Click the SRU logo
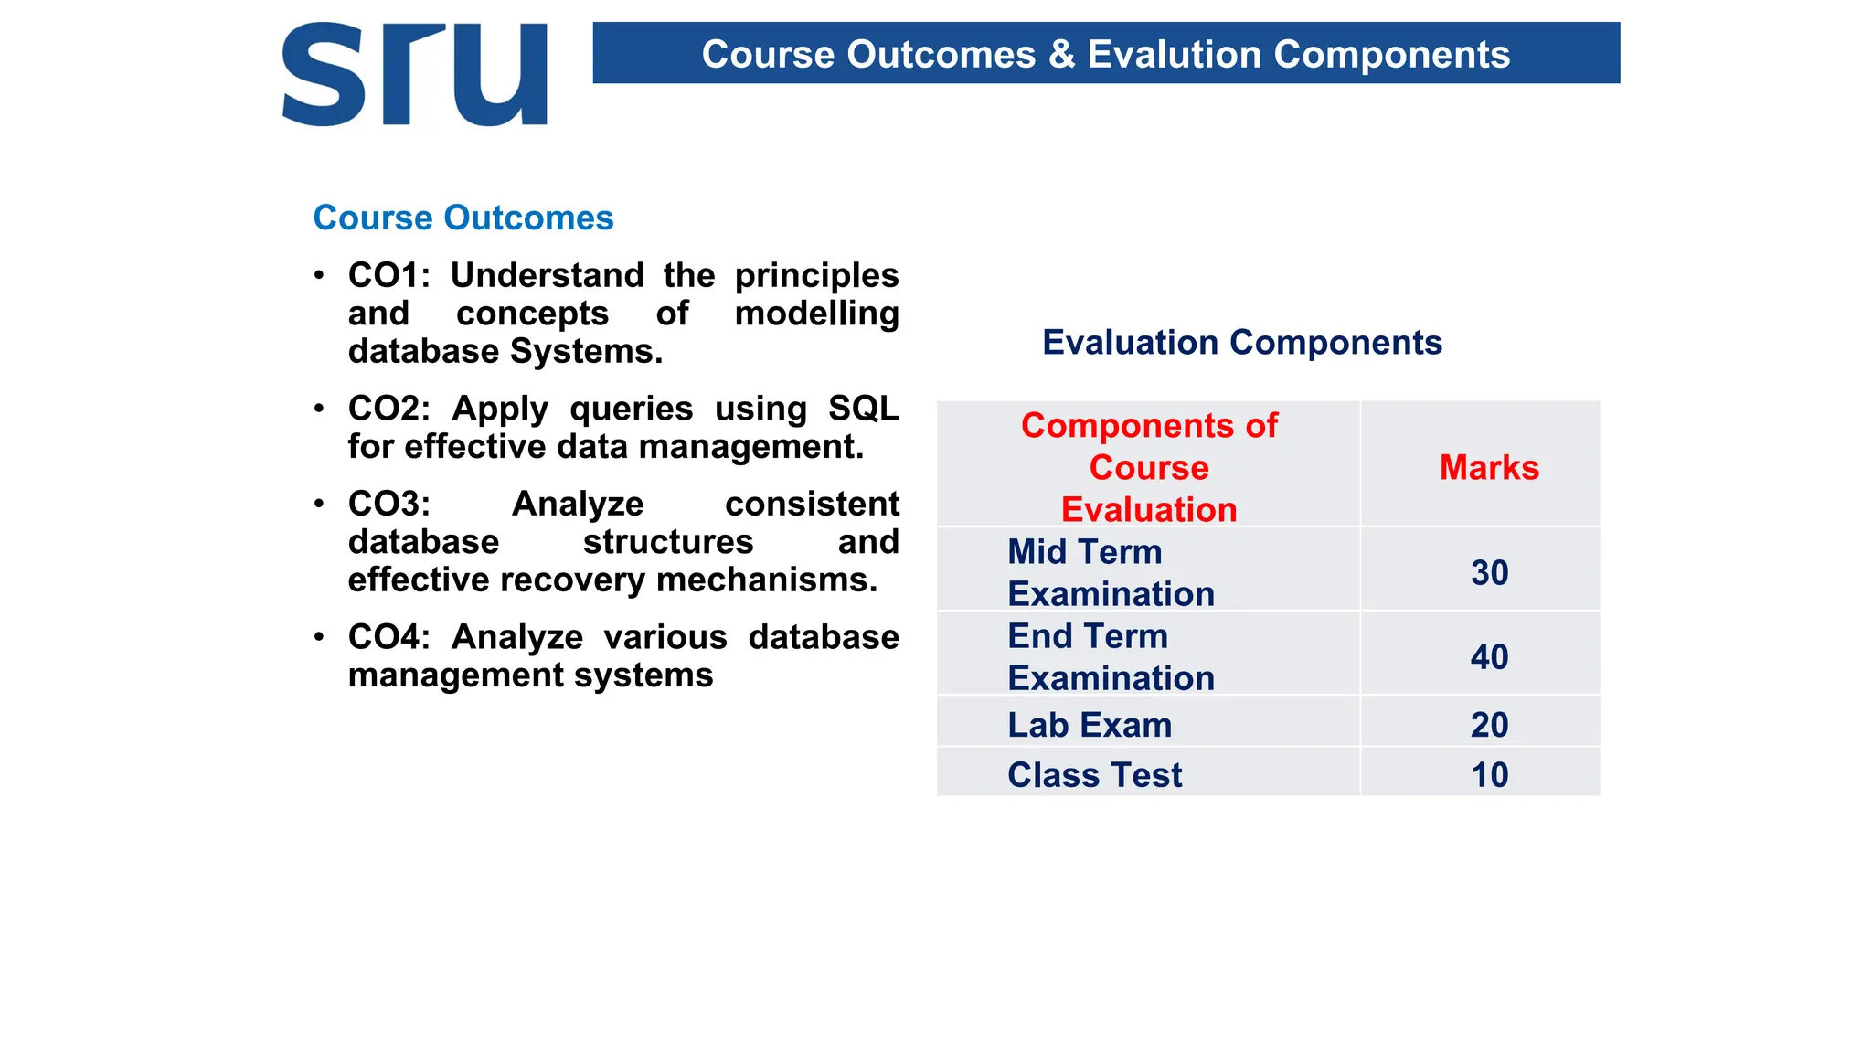[414, 75]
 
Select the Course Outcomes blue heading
[463, 218]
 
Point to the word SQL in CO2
[863, 409]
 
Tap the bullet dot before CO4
[318, 637]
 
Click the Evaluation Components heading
[1241, 343]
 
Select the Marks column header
[1489, 468]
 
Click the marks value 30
[1489, 573]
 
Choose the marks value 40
[1489, 657]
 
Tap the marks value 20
[1489, 725]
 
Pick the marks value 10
[1489, 775]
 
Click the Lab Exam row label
[1090, 725]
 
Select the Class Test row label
[1094, 775]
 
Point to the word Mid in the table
[1037, 552]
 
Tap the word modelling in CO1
[816, 314]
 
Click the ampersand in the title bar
[1061, 55]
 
